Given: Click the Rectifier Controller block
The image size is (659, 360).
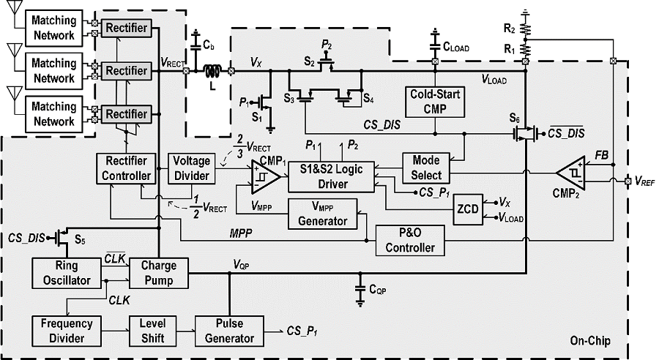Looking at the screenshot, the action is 126,168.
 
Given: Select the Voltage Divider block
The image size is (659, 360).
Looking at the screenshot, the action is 192,168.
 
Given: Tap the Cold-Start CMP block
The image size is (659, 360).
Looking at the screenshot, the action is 435,102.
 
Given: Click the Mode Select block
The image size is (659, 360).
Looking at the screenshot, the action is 426,168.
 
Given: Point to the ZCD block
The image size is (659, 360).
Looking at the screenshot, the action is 468,209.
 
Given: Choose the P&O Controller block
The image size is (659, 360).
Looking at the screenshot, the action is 410,241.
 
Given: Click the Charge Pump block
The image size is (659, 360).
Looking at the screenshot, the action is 158,274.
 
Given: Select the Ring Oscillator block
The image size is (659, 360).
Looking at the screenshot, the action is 67,274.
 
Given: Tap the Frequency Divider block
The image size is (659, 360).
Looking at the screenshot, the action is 67,331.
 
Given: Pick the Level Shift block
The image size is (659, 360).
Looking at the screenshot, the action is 152,331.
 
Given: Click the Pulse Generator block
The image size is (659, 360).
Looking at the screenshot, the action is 229,331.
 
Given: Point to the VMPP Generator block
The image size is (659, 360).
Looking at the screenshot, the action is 323,214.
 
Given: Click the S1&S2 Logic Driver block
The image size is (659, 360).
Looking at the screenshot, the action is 331,177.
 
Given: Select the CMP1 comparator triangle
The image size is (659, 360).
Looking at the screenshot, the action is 266,177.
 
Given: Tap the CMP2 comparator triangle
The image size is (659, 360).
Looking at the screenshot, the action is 570,173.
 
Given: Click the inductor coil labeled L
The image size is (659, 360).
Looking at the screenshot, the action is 212,72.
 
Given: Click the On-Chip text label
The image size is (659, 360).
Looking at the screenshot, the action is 590,341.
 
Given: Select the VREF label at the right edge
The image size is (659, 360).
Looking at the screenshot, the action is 644,181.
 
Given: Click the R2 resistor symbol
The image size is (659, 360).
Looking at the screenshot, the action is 525,29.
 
